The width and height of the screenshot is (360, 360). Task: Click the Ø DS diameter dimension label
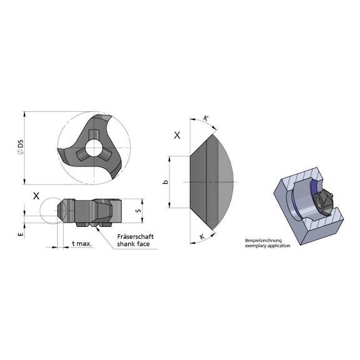[x=21, y=149]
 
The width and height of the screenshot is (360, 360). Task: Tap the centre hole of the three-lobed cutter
[x=93, y=149]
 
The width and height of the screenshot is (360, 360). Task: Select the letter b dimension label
[x=165, y=182]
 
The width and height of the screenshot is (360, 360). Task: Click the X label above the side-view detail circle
[x=36, y=195]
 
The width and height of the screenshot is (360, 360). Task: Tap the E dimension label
[x=21, y=234]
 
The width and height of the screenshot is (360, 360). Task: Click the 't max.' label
[x=82, y=243]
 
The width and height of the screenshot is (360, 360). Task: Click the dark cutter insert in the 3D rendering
[x=324, y=201]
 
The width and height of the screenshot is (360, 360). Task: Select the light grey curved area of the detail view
[x=228, y=181]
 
